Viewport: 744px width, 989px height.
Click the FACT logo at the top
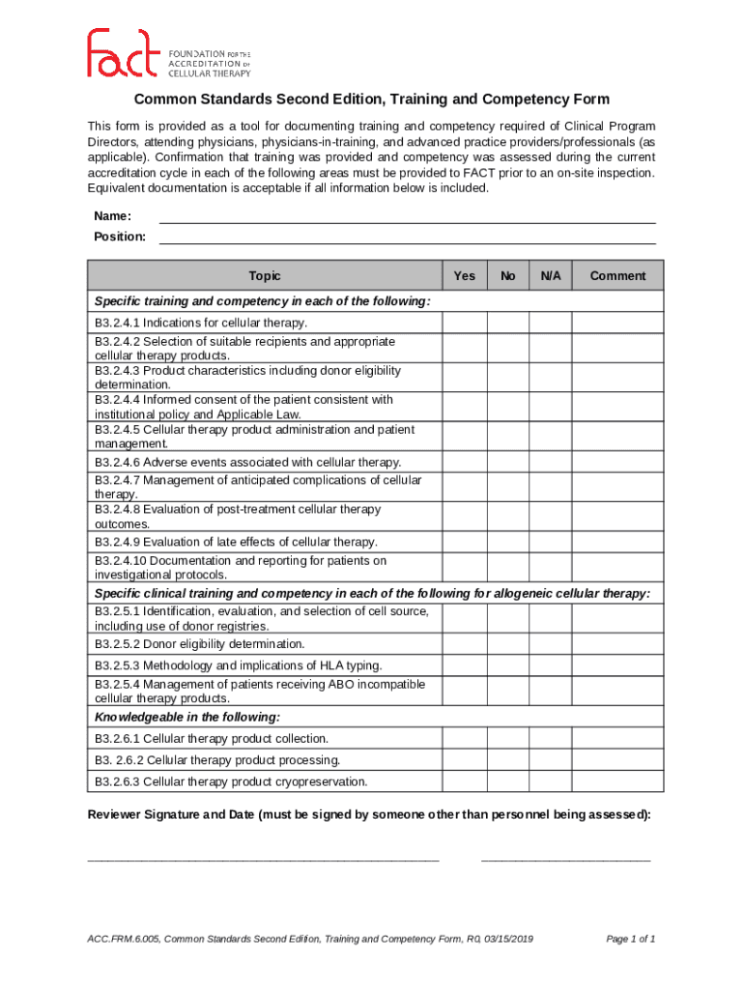169,53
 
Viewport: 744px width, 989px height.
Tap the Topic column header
264,275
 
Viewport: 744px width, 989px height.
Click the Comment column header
617,275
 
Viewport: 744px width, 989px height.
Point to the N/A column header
551,275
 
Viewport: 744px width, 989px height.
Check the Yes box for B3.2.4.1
464,323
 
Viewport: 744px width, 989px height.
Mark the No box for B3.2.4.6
508,462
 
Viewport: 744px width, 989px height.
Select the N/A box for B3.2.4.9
551,542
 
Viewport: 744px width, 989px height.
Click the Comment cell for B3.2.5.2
617,644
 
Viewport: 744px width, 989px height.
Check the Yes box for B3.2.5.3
464,665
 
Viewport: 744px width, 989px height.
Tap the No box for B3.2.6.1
508,738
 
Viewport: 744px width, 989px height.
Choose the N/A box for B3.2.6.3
551,781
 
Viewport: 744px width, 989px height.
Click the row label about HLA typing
238,665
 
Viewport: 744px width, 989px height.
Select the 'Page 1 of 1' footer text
631,939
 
